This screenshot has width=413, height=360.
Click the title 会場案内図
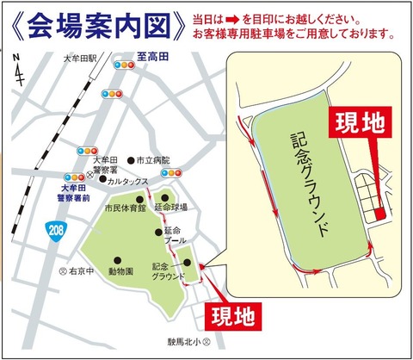tap(94, 26)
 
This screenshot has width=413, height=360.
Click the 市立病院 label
tap(155, 161)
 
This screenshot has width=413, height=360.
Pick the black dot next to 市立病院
tap(130, 161)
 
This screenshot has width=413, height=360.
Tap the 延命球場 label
tap(171, 208)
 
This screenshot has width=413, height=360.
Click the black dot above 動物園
tap(117, 259)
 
